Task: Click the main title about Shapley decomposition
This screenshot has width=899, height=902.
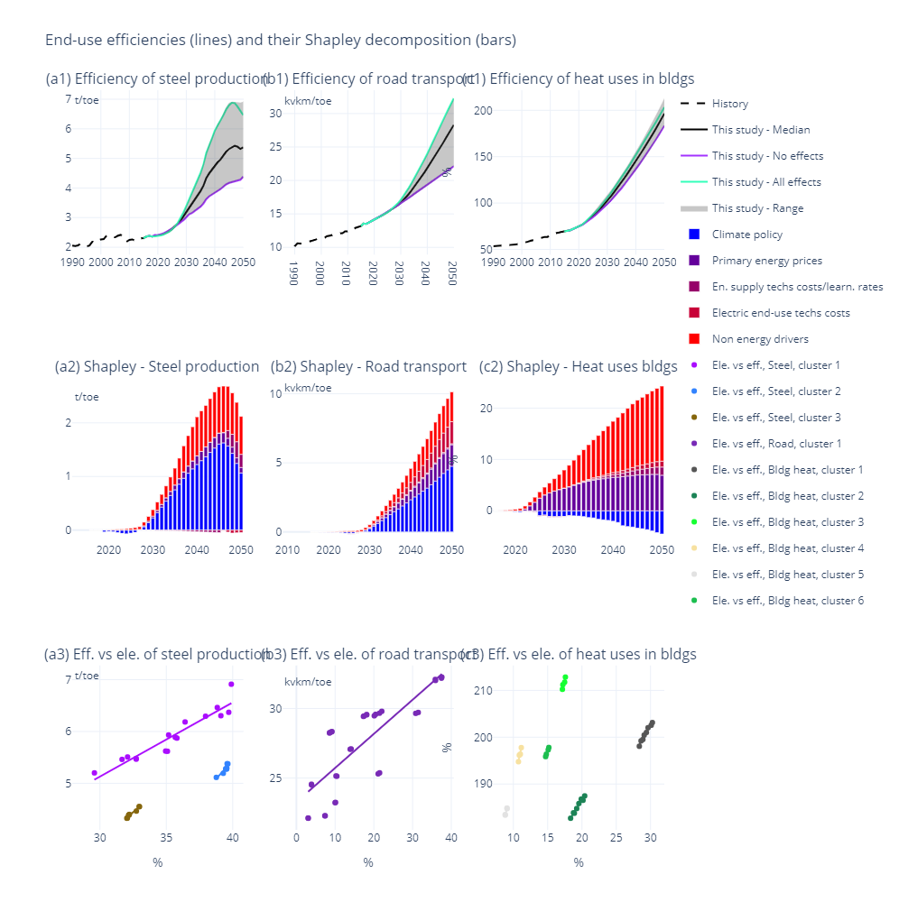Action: click(281, 40)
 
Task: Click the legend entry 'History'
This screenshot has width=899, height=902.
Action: click(729, 104)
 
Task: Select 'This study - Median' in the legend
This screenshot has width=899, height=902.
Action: click(760, 130)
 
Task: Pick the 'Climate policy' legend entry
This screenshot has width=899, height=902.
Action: click(746, 235)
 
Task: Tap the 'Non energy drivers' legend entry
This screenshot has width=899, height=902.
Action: click(760, 339)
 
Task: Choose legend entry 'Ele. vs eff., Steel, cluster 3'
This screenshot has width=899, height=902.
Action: click(775, 418)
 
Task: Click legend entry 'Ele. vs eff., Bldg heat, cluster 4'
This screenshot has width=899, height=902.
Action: click(788, 548)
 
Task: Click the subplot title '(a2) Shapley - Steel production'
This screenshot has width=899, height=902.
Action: click(157, 366)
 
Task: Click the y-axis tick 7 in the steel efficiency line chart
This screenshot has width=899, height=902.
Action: click(69, 98)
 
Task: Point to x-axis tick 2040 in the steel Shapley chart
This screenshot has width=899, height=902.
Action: click(210, 550)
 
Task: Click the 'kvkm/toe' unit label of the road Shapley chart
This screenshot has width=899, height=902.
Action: click(308, 388)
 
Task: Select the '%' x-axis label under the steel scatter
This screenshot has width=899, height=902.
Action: click(157, 863)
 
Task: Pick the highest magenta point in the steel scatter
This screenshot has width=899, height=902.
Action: click(231, 684)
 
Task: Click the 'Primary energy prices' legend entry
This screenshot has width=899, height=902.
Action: click(766, 261)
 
